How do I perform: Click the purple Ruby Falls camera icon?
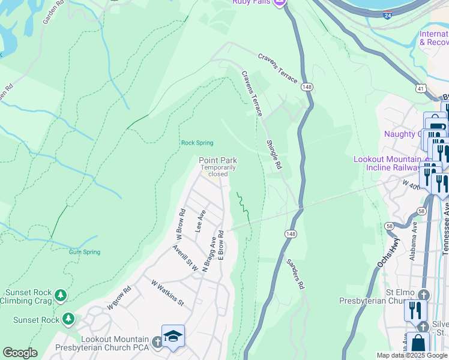pyautogui.click(x=279, y=3)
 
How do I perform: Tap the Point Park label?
pyautogui.click(x=218, y=160)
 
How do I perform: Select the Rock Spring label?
pyautogui.click(x=197, y=143)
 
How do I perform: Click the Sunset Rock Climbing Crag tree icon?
pyautogui.click(x=60, y=295)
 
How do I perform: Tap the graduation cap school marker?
pyautogui.click(x=173, y=336)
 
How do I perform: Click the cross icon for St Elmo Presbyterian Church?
pyautogui.click(x=424, y=295)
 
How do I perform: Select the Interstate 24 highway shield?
pyautogui.click(x=390, y=14)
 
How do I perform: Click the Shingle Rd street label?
pyautogui.click(x=274, y=155)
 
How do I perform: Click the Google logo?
pyautogui.click(x=20, y=353)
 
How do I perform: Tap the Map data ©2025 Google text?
pyautogui.click(x=412, y=355)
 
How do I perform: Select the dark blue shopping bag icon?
pyautogui.click(x=420, y=344)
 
